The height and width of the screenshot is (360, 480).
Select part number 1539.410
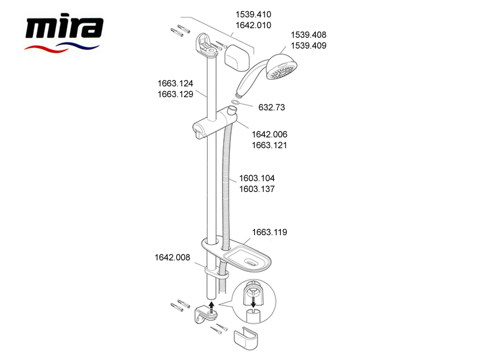[253, 14]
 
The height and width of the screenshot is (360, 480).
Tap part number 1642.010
[253, 25]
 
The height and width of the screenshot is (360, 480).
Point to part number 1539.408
[308, 35]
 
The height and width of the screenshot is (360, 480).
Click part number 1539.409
[308, 46]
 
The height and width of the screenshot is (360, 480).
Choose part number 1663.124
[175, 83]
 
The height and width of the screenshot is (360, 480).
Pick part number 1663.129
[175, 94]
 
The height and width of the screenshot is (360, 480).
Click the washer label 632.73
[272, 107]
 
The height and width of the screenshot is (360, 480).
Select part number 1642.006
[269, 134]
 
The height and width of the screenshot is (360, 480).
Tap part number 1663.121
[269, 145]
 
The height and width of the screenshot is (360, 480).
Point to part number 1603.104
[257, 178]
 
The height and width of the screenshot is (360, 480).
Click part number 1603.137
[257, 189]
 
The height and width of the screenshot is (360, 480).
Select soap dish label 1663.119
[269, 232]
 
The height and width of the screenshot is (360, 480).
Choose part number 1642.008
[172, 257]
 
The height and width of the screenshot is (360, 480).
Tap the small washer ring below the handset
[235, 102]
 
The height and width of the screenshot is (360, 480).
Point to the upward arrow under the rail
[211, 306]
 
